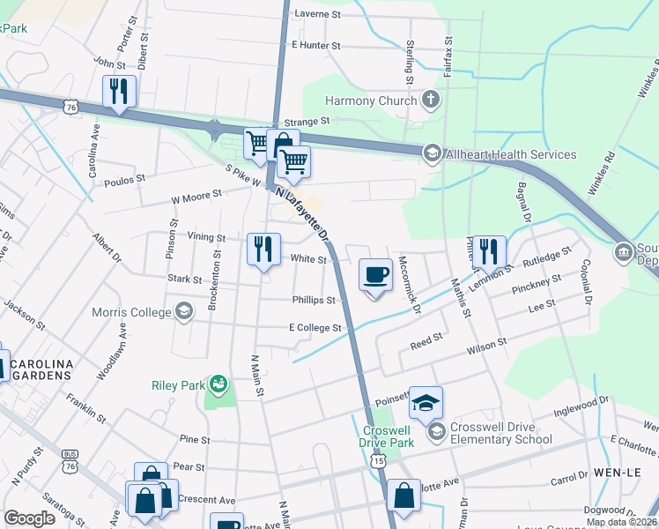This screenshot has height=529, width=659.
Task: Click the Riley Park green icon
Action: tap(216, 384)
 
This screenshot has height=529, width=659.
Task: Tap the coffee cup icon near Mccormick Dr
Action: tap(376, 274)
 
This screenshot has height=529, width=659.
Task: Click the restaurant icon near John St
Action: tap(118, 91)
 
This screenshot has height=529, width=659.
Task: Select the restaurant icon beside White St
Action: tap(263, 250)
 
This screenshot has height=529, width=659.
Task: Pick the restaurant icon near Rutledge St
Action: tap(488, 251)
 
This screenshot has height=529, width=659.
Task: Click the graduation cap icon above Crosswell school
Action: tap(426, 403)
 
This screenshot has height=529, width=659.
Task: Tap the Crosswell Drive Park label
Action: tap(389, 437)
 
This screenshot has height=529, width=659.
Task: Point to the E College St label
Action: tap(315, 328)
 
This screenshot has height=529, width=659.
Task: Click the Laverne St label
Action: tap(317, 14)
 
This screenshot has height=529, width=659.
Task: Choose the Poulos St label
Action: tap(124, 184)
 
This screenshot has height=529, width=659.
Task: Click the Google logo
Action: tap(29, 518)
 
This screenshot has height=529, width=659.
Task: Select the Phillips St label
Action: tap(314, 300)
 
